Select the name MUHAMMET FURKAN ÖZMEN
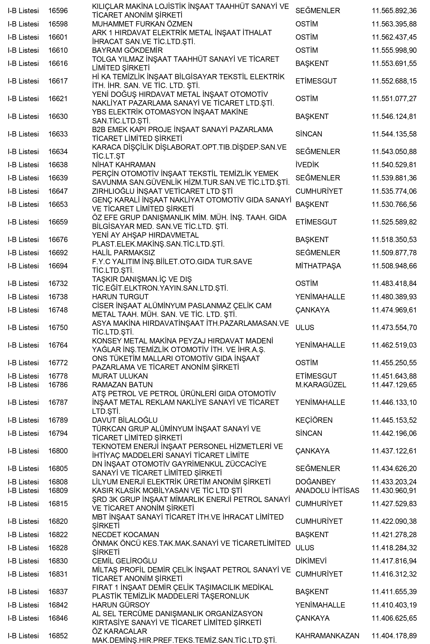click(x=142, y=24)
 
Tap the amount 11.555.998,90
click(x=394, y=50)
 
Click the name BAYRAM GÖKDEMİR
click(x=127, y=50)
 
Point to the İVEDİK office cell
click(x=307, y=165)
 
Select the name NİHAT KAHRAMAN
click(x=124, y=165)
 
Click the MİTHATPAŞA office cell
click(x=318, y=266)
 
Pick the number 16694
click(x=58, y=266)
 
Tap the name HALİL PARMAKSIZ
click(x=123, y=253)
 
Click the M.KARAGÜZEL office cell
click(x=321, y=385)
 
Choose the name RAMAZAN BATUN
click(x=122, y=385)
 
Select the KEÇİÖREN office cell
click(x=314, y=420)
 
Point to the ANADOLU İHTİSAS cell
click(x=327, y=491)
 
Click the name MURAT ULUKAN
click(x=120, y=376)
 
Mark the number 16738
click(x=58, y=297)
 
